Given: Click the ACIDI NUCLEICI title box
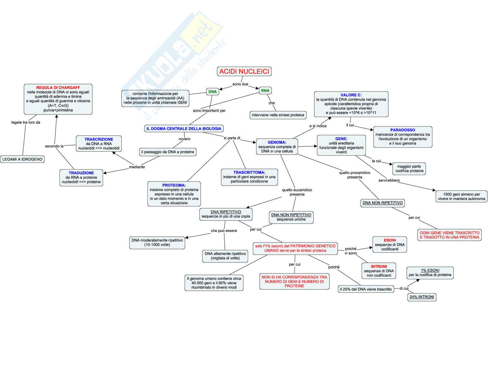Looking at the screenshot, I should coord(244,71).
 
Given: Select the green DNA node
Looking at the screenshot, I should coord(213,92).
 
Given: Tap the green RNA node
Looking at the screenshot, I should coord(265,90).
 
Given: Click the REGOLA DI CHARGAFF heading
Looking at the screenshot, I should coord(58,88).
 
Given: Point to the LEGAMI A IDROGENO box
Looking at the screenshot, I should coord(22,159).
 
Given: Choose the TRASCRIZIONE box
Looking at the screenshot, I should coord(99,144).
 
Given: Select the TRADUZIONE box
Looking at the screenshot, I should coord(81,177).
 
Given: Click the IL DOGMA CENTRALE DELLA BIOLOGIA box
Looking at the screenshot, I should coord(184,129).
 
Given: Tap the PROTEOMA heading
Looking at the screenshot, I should coord(174,185).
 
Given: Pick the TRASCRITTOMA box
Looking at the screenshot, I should coord(249,177).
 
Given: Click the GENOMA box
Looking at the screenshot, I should coord(277,147).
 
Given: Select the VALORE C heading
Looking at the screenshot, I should coord(351,95).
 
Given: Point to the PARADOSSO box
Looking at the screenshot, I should coord(402,137).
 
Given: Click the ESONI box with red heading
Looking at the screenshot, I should coord(390,245).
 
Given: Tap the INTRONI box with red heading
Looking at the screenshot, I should coord(379,271).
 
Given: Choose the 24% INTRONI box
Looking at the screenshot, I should coord(422,297).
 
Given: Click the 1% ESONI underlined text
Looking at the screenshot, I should coord(430,270).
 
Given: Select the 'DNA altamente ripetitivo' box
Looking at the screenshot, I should coord(225,256).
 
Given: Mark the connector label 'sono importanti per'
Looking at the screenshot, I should coord(209,111).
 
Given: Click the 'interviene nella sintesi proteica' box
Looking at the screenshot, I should coord(278,115).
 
